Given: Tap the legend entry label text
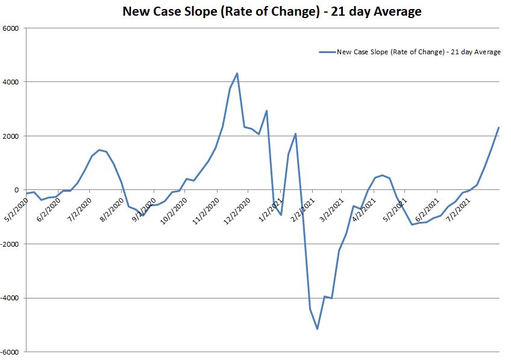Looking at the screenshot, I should pos(419,52).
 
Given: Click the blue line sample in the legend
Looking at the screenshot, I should pos(327,52).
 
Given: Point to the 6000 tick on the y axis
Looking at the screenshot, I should pos(11,28).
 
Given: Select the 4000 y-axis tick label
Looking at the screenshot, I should pos(11,82).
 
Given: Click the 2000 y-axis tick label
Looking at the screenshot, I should pos(11,136).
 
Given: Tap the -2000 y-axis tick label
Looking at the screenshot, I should pos(10,244).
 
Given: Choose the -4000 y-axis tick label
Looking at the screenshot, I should pos(10,298).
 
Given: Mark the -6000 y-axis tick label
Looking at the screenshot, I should pos(10,352).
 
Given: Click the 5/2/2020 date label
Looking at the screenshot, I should pos(13,205).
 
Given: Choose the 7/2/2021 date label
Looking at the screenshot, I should pos(457,205).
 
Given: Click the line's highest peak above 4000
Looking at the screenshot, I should pos(237,74).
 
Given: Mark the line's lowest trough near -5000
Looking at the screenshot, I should pos(317,329).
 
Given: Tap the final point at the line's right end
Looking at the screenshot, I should pos(499,127).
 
